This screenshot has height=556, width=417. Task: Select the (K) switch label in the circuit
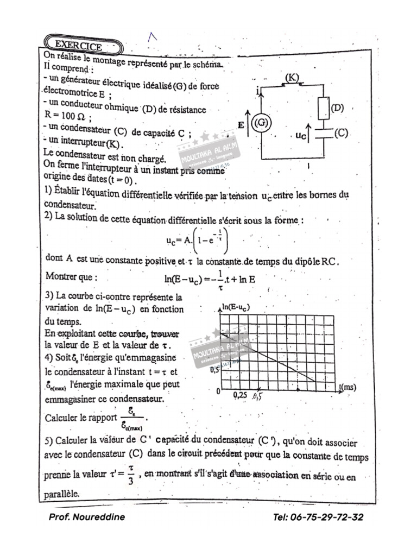tap(292, 78)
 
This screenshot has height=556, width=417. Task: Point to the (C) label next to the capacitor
tap(341, 133)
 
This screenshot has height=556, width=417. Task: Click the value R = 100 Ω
tap(68, 117)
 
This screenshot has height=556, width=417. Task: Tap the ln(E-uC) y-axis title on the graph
tap(237, 308)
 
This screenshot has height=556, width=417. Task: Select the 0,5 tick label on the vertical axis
tap(214, 370)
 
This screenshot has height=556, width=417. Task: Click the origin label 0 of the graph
tap(218, 391)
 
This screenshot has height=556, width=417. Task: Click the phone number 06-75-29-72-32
tap(318, 517)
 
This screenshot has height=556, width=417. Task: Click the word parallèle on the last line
tap(61, 494)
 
